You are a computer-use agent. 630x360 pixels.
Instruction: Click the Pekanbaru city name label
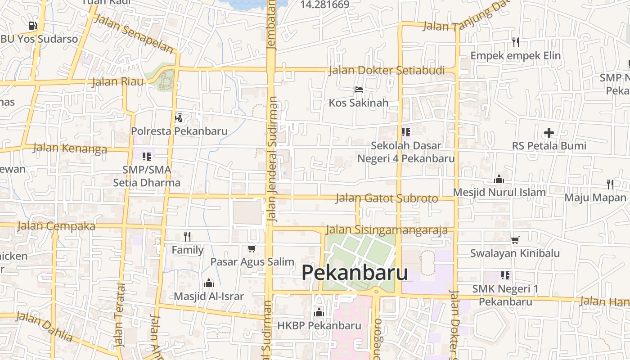[x=355, y=273]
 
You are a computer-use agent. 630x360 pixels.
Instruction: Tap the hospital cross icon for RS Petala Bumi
[x=549, y=133]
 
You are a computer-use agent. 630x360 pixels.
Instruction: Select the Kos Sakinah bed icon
[x=358, y=90]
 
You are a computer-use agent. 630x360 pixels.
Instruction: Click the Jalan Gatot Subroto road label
[x=387, y=198]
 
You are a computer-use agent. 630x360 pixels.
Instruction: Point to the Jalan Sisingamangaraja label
[x=387, y=230]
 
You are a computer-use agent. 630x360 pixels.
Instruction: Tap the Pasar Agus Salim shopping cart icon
[x=252, y=248]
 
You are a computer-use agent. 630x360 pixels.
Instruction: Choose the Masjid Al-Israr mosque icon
[x=208, y=283]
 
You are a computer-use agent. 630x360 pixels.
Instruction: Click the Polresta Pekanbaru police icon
[x=179, y=118]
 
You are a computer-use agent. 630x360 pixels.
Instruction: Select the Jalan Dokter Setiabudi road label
[x=387, y=71]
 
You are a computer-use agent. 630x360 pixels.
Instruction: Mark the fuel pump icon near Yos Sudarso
[x=32, y=26]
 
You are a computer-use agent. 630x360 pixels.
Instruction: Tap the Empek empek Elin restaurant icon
[x=516, y=42]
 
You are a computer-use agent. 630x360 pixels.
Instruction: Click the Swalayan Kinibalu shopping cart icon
[x=515, y=240]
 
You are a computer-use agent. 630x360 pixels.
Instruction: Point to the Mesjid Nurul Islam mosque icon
[x=499, y=179]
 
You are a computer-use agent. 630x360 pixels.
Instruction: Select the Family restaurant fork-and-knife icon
[x=187, y=236]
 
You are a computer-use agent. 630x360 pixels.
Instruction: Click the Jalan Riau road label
[x=117, y=82]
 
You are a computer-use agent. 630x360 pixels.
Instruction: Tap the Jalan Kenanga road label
[x=70, y=148]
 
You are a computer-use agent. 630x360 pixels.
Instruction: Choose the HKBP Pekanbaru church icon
[x=319, y=312]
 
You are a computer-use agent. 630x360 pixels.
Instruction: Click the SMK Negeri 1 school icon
[x=505, y=275]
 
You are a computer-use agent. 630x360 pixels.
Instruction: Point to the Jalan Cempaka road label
[x=56, y=226]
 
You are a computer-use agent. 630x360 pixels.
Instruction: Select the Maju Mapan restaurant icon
[x=610, y=184]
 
